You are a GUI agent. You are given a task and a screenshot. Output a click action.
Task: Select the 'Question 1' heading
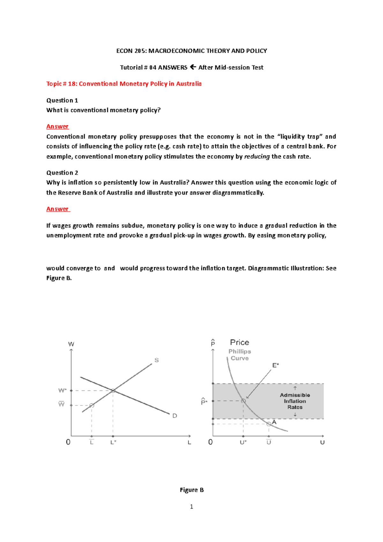62,101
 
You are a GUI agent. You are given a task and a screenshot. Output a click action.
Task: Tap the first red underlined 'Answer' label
57,126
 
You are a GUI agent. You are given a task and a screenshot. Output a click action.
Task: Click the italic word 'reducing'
257,156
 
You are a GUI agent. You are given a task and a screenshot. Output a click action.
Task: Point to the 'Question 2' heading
62,173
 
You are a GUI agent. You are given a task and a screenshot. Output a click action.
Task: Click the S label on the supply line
157,360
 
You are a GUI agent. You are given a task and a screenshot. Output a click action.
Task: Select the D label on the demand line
175,416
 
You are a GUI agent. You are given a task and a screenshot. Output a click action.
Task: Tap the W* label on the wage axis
62,390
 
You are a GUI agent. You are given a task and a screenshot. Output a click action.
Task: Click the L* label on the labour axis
113,442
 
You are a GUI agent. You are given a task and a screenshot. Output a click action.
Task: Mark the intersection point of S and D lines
113,391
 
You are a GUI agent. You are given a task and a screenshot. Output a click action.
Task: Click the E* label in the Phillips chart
275,365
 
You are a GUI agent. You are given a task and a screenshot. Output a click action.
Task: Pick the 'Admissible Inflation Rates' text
295,401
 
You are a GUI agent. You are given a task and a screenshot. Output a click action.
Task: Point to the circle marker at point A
269,424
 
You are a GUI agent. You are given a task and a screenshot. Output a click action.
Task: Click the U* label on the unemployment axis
243,442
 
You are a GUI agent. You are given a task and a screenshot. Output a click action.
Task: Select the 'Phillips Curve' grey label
240,355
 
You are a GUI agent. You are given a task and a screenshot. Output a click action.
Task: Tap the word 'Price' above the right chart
239,343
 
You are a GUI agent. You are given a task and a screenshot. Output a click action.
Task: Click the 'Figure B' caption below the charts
191,490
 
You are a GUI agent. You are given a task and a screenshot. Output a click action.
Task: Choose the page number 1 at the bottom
191,507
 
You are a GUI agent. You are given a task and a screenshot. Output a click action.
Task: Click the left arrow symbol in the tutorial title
193,67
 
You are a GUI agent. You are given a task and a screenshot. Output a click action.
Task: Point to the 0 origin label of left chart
68,442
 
